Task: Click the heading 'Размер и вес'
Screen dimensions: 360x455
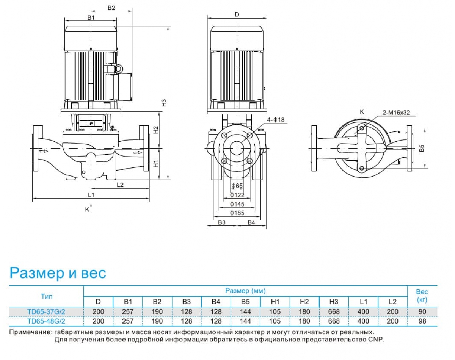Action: pos(58,273)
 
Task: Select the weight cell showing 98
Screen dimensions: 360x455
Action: pos(422,321)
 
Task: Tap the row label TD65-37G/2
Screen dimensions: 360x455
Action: pos(46,311)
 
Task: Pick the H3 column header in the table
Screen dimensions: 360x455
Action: pos(334,302)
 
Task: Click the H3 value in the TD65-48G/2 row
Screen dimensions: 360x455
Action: pos(334,321)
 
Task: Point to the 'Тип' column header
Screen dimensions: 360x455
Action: pos(46,296)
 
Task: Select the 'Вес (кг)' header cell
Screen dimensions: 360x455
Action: pos(422,296)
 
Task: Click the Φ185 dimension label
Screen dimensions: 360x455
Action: pos(237,213)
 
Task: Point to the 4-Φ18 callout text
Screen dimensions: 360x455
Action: pos(276,120)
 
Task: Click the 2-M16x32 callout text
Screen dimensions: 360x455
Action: pos(397,113)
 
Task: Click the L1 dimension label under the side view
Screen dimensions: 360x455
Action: pos(91,195)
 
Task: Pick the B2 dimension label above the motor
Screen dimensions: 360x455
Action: pos(111,8)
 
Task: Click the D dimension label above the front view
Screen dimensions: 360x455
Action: pos(237,14)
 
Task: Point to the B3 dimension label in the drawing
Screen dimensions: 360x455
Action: pos(222,222)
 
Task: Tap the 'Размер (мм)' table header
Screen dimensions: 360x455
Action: pos(245,291)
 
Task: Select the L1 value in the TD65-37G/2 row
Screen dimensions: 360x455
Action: pos(363,311)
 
